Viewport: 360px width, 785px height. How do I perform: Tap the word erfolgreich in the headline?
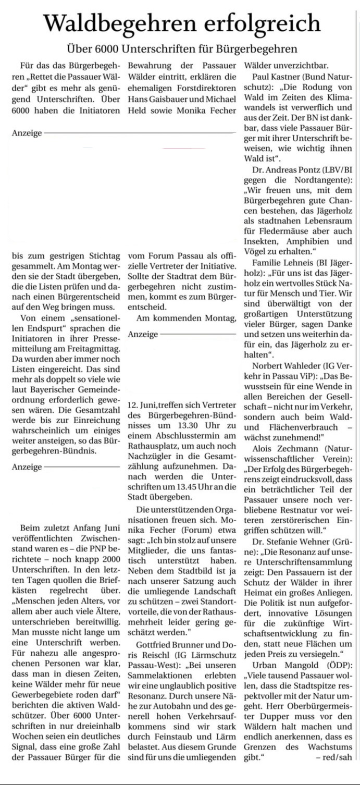[x=255, y=23]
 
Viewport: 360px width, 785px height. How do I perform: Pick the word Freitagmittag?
[x=94, y=347]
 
